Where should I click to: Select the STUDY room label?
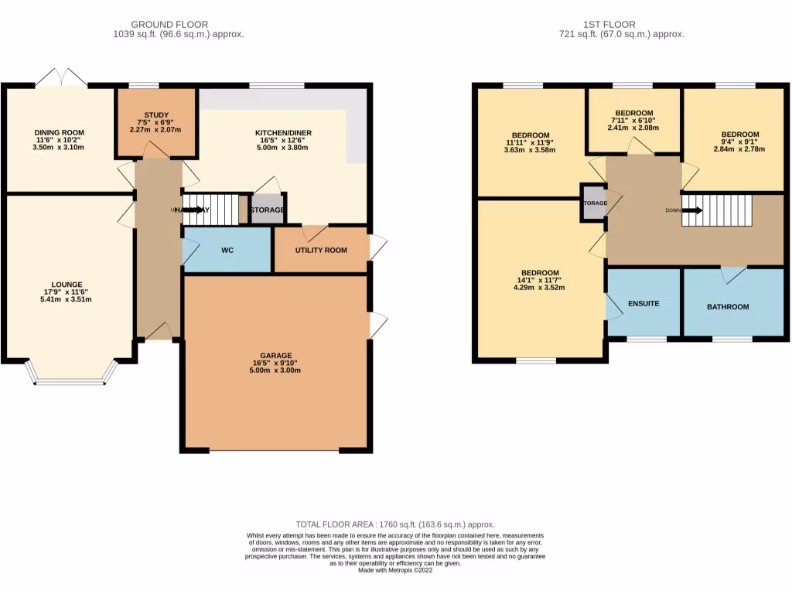point(155,115)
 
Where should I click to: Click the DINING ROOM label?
point(58,133)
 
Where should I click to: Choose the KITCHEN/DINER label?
point(283,133)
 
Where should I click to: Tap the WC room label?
point(227,251)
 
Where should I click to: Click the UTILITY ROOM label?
point(320,251)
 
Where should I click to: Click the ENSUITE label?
point(643,303)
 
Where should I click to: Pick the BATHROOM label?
point(728,307)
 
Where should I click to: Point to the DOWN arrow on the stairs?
point(694,210)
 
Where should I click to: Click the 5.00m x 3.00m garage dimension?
point(277,370)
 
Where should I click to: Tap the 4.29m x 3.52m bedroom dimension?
point(540,288)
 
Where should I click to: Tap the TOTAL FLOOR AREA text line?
point(395,524)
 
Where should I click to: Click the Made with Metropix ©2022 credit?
point(395,570)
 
